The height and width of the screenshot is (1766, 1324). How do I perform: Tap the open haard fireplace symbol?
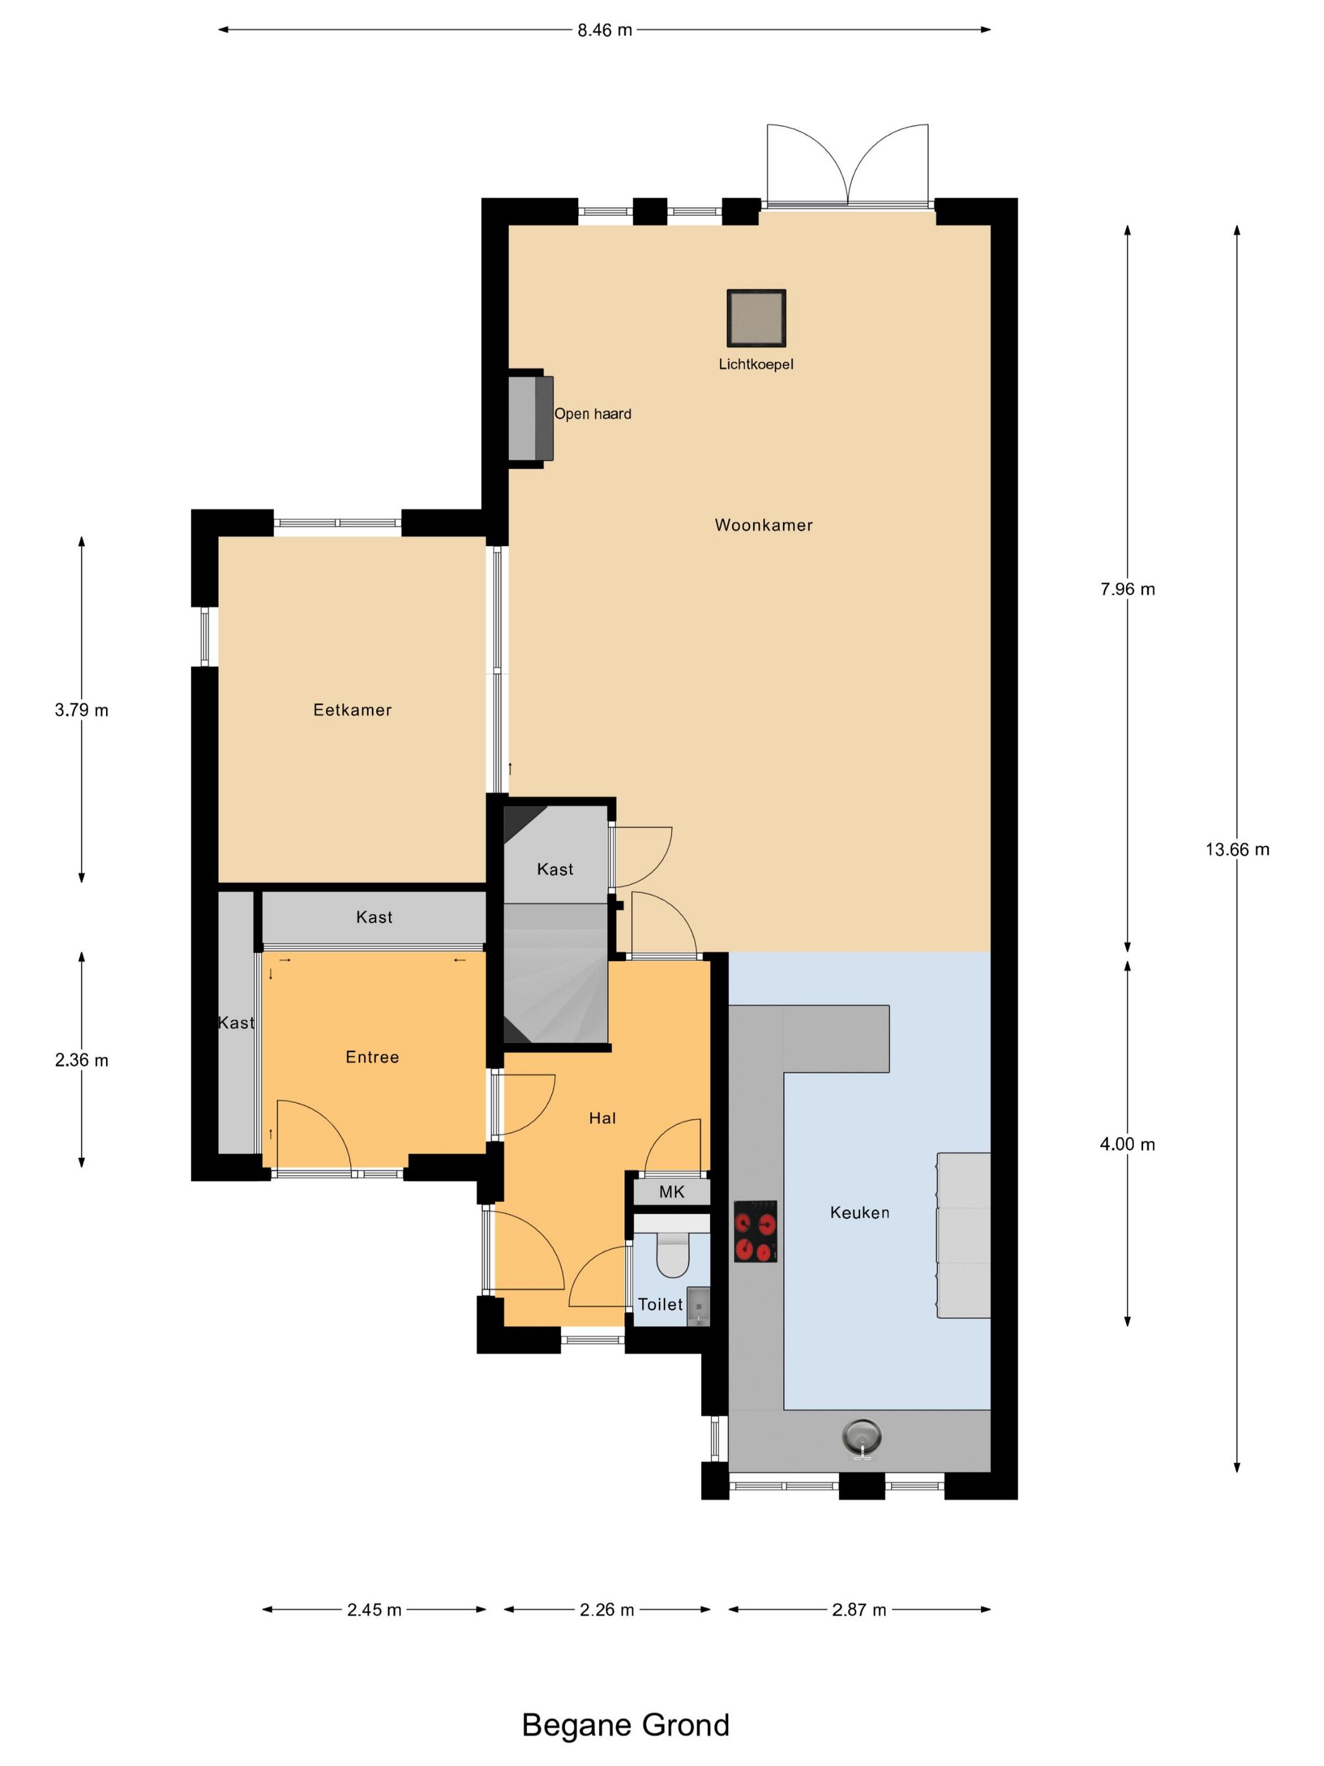[531, 418]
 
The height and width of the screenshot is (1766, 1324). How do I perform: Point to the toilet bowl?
[672, 1254]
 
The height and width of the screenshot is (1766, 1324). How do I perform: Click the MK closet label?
[671, 1192]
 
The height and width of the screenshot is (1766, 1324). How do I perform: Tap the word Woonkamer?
[764, 525]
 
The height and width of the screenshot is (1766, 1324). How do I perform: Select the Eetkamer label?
[352, 710]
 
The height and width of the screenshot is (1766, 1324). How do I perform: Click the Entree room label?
[372, 1057]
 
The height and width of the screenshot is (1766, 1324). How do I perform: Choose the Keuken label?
[859, 1213]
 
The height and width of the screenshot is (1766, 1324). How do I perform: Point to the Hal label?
[603, 1118]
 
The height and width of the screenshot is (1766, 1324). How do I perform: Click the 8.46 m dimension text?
[605, 30]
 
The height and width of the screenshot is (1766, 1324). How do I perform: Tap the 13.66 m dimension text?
[1237, 850]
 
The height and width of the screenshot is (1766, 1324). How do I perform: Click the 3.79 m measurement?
[81, 710]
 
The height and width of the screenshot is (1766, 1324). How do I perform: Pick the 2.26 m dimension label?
[607, 1610]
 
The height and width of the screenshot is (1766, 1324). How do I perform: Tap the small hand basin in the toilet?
[697, 1306]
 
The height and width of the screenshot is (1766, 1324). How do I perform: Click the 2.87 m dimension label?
[859, 1610]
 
